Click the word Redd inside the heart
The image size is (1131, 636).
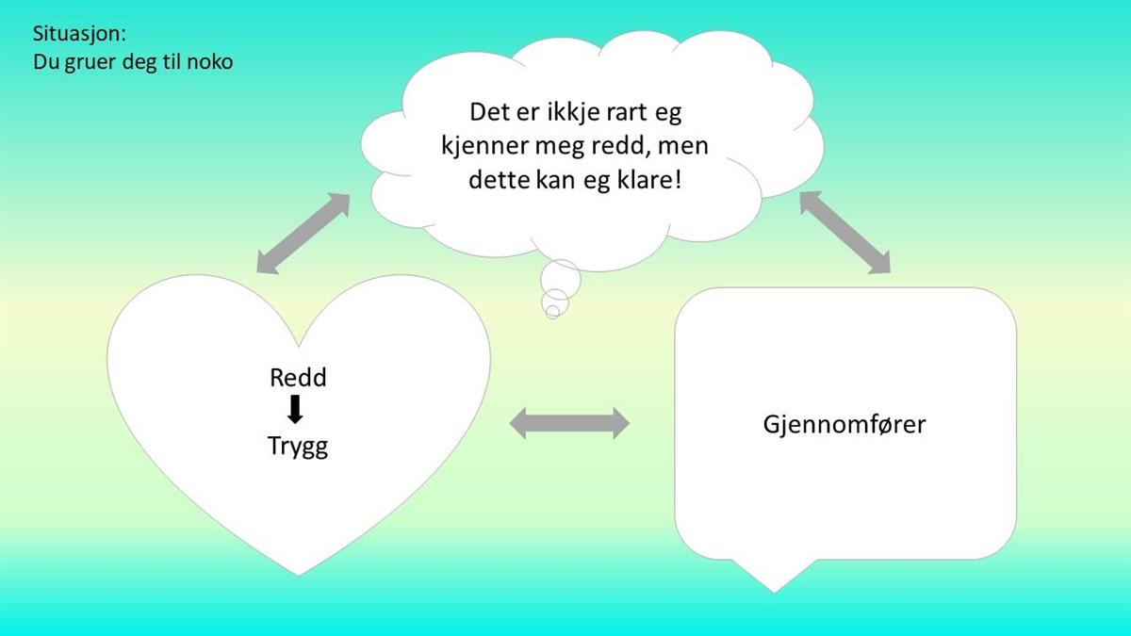298,378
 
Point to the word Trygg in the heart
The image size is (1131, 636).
298,448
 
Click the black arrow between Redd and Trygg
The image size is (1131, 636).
295,409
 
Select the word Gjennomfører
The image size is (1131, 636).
844,425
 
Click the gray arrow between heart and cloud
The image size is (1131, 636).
303,234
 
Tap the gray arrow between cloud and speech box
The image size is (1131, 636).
845,233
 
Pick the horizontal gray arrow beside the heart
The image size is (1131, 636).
569,423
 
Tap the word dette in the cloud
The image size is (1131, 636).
499,180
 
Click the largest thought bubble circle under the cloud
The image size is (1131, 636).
561,279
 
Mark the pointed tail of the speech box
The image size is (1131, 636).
774,592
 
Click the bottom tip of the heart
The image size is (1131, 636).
299,576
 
